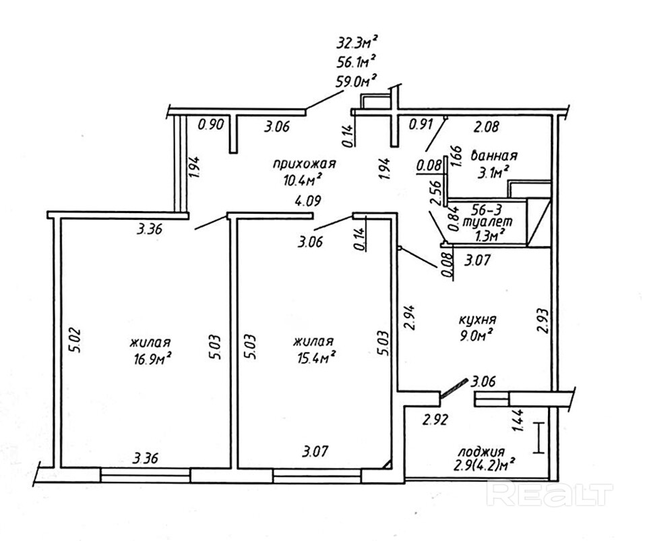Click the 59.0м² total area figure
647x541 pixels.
point(356,82)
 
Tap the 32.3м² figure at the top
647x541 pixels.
point(356,45)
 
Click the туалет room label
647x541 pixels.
point(493,221)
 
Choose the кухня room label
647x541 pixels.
point(478,319)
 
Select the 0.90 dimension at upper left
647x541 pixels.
point(210,124)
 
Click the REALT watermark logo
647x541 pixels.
point(551,494)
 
